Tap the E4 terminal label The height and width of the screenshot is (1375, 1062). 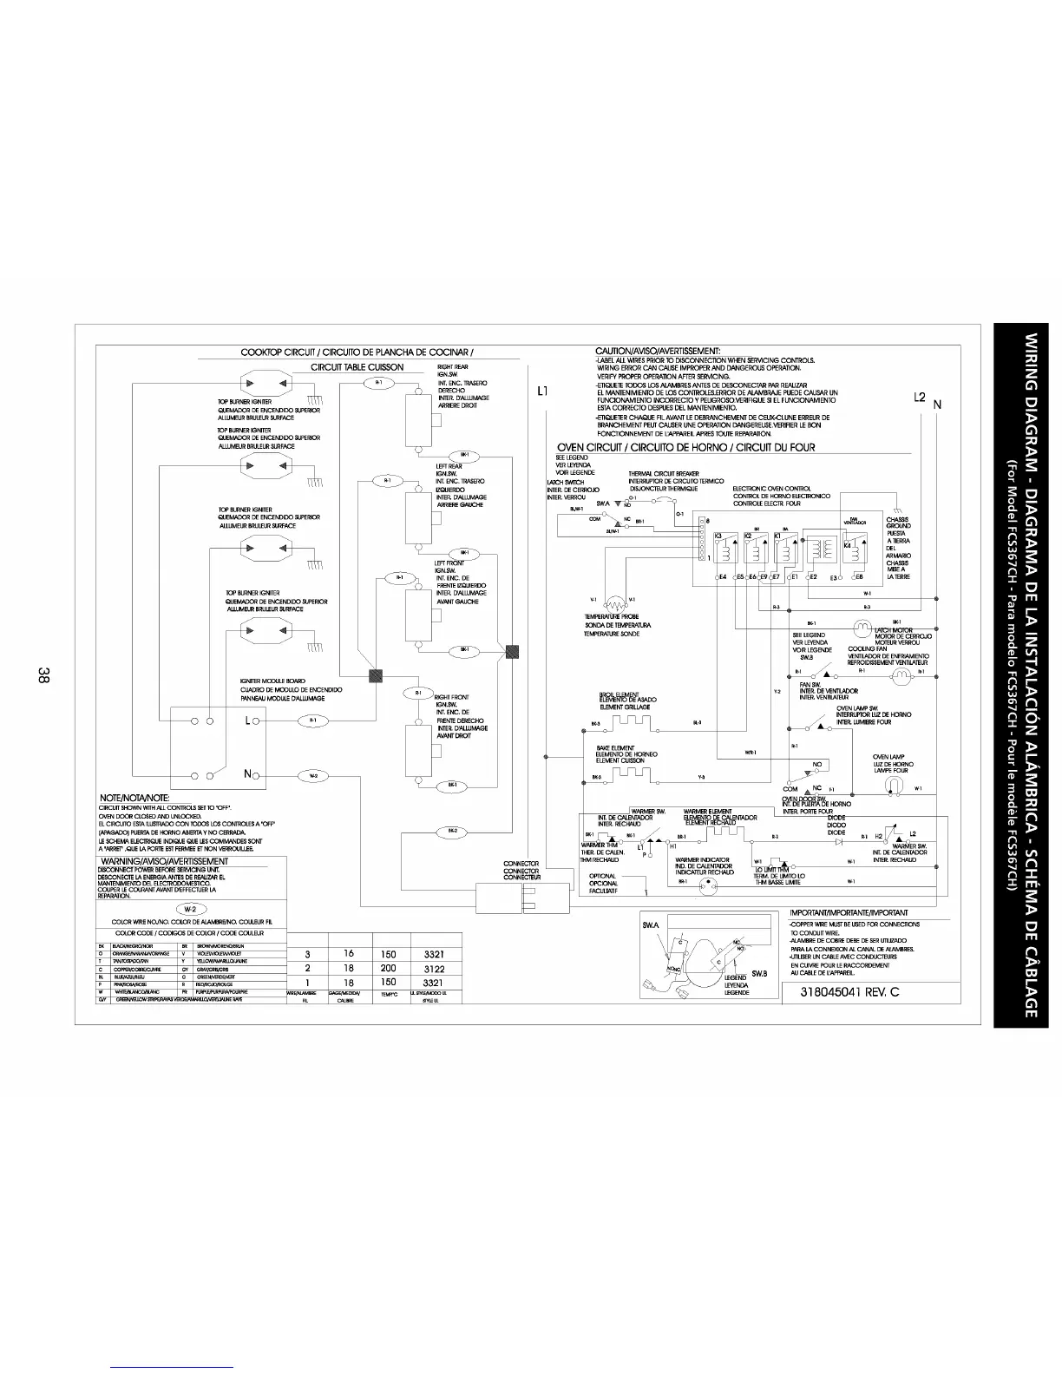point(722,576)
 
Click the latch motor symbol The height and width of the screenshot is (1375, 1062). point(862,628)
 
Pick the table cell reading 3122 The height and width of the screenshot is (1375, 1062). point(433,969)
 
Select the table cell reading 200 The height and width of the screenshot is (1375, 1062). point(388,969)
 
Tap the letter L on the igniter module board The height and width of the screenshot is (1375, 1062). point(248,720)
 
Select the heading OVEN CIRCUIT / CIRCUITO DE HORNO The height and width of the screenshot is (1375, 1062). point(685,448)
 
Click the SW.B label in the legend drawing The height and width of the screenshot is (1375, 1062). point(758,973)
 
